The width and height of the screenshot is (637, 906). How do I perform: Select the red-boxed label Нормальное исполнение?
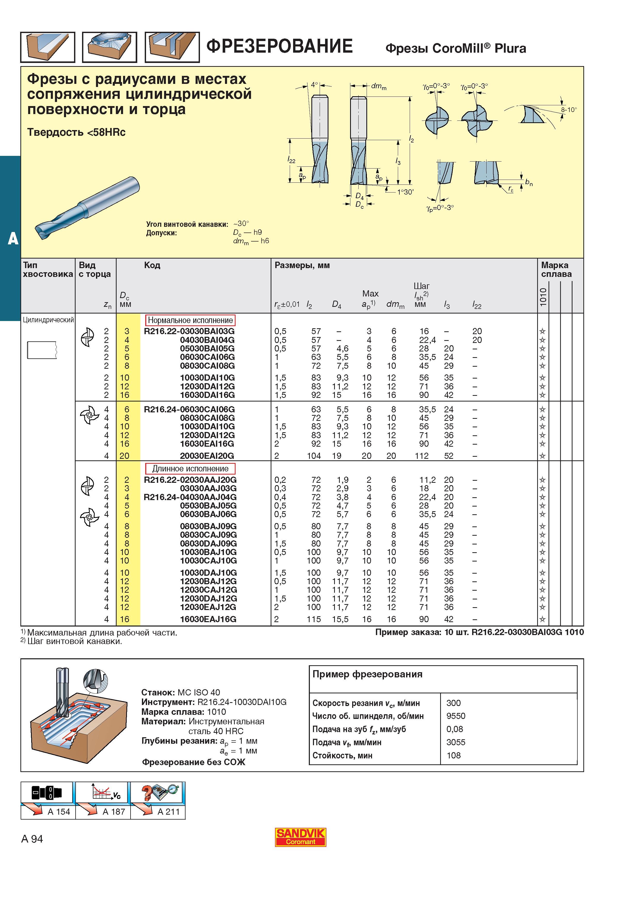190,320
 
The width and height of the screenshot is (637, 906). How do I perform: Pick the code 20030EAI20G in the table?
207,456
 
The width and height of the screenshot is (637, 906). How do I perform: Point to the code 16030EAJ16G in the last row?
208,619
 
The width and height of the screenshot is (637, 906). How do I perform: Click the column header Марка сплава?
556,269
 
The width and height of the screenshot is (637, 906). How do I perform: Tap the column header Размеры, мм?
302,265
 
